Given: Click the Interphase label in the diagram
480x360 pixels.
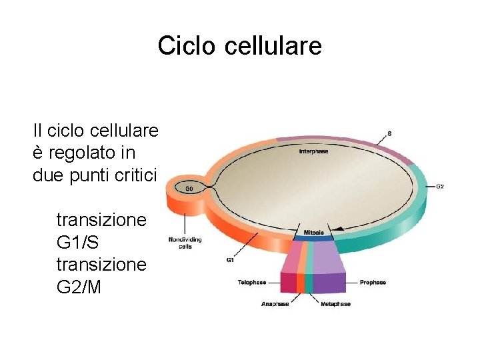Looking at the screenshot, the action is tap(313, 151).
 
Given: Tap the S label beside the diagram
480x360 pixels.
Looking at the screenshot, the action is tap(389, 133).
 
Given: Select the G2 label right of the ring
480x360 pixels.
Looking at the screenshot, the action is tap(439, 186).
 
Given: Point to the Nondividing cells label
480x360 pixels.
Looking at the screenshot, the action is tap(185, 243).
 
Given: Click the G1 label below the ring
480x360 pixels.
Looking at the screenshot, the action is tap(230, 260).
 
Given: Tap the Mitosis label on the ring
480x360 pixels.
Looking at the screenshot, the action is tap(314, 233).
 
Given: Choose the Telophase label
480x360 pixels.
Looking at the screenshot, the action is tap(252, 283).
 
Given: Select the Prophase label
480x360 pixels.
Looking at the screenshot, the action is tap(373, 283).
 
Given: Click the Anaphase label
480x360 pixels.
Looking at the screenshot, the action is tap(275, 304).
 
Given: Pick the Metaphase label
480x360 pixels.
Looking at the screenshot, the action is tap(335, 304).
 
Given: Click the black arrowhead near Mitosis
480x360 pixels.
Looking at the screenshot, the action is tap(339, 229).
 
